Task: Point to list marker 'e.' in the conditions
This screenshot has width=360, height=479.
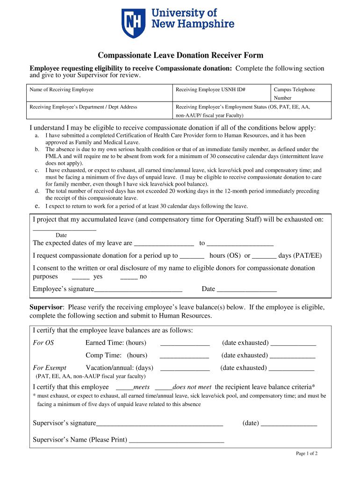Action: (37, 206)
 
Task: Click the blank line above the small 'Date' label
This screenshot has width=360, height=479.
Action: (65, 229)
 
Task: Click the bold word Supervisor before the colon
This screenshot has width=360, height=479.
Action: (46, 307)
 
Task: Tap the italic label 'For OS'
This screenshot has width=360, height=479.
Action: (43, 343)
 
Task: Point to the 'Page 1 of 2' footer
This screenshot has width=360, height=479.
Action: (307, 453)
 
